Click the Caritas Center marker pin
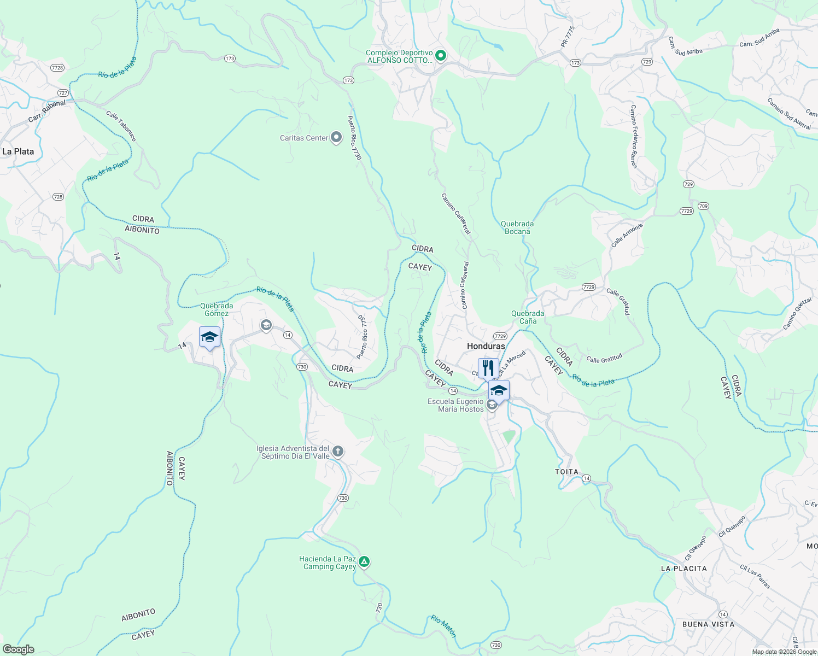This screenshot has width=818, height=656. click(x=336, y=137)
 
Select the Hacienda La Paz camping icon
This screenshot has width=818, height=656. click(x=364, y=561)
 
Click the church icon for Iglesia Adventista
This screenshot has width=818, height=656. click(x=338, y=452)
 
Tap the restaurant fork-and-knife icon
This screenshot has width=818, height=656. click(x=488, y=368)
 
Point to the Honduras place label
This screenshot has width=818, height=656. click(x=486, y=346)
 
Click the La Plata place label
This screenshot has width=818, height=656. click(x=18, y=151)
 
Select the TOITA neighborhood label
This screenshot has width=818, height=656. click(x=566, y=472)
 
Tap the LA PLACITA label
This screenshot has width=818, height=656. click(x=683, y=569)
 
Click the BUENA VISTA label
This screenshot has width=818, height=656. click(x=708, y=624)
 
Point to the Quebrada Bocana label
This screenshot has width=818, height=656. click(x=517, y=227)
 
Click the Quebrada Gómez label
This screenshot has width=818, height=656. click(x=217, y=309)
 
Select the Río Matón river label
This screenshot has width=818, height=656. click(x=443, y=625)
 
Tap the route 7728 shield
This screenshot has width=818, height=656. click(x=57, y=68)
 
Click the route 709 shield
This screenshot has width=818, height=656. click(x=703, y=206)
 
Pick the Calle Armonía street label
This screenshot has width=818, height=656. click(x=627, y=235)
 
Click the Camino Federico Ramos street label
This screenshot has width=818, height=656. click(x=634, y=137)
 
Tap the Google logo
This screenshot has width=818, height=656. click(x=18, y=649)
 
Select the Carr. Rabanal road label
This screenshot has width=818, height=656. click(x=47, y=111)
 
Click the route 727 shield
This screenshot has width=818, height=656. click(x=63, y=93)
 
